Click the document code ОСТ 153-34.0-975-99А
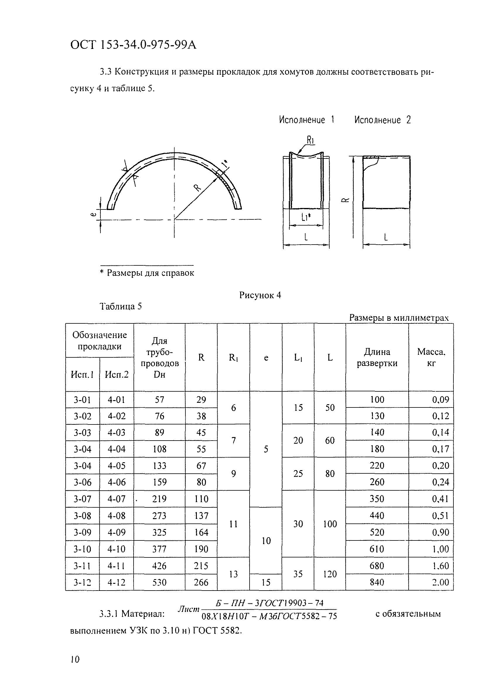133,45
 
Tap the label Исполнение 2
382,120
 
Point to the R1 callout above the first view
310,140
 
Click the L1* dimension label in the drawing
306,217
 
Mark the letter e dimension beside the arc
94,214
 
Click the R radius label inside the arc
197,188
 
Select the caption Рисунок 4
260,295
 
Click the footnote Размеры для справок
150,273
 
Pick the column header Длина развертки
377,357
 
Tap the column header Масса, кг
431,357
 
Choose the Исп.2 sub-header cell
116,375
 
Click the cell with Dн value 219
159,499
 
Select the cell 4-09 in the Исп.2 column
116,532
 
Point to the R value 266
201,582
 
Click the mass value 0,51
440,516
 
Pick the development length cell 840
377,582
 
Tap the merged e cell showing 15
266,582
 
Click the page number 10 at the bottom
75,659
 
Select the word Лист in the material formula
188,609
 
